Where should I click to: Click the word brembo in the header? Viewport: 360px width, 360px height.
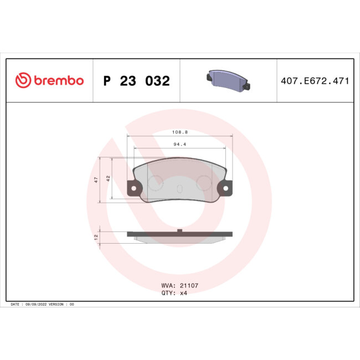coord(59,81)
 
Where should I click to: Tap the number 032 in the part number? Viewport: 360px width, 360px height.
coord(157,81)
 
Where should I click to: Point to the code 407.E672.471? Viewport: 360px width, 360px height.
coord(315,81)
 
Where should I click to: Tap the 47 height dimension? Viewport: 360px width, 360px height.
coord(96,180)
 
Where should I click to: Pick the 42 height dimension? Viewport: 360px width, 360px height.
coord(109,178)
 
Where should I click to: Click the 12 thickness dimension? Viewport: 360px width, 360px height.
coord(96,236)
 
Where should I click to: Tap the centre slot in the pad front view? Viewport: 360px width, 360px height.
coord(179,189)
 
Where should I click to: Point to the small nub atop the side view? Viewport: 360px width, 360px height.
coord(179,229)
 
